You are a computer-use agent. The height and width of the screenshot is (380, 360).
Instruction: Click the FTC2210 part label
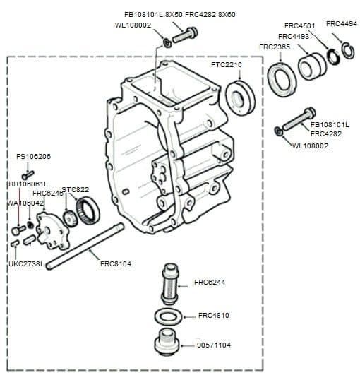[x=226, y=65]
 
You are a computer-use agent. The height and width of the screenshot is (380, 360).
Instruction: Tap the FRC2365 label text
[x=275, y=47]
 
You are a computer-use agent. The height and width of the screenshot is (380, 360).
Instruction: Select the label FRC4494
[x=341, y=23]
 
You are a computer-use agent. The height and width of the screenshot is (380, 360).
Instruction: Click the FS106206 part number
[x=33, y=156]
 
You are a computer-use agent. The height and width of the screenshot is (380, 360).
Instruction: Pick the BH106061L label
[x=28, y=184]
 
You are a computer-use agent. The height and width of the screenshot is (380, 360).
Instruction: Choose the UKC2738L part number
[x=26, y=264]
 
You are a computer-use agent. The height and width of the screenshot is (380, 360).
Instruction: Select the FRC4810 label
[x=215, y=315]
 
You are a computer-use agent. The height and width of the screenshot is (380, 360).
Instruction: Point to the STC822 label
[x=76, y=189]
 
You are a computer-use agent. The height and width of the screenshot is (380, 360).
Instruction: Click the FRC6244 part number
[x=210, y=283]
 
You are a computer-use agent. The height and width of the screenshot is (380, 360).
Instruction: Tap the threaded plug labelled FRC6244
[x=169, y=283]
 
